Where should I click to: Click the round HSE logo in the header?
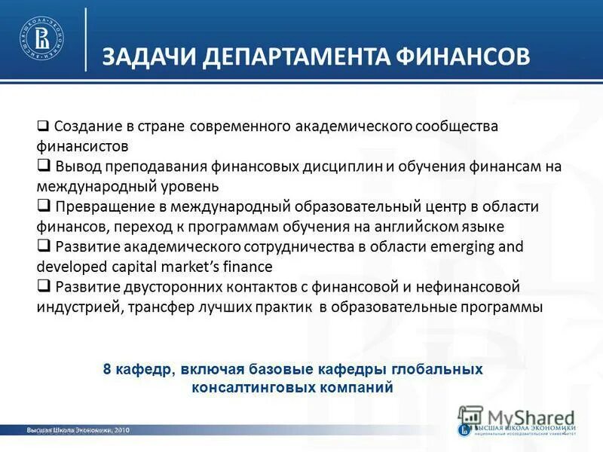(x=41, y=38)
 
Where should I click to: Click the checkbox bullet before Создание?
(x=43, y=125)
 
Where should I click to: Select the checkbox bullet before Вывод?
(x=43, y=165)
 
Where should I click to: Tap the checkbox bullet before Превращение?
(x=43, y=206)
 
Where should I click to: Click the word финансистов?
(x=82, y=145)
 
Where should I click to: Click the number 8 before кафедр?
(x=106, y=369)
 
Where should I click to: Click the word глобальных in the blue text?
(x=434, y=369)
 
